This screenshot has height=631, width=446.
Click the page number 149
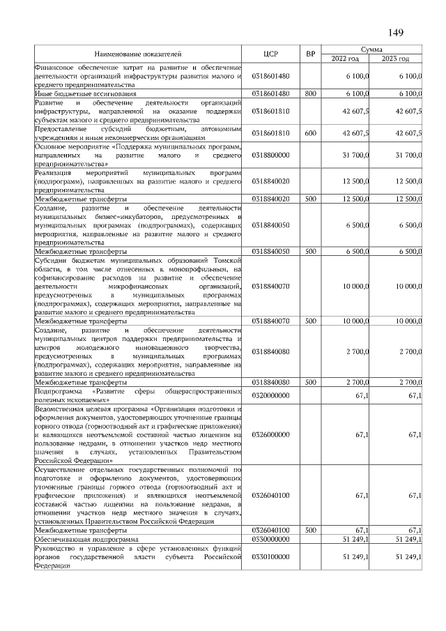tap(395, 31)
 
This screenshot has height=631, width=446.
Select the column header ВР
tap(310, 53)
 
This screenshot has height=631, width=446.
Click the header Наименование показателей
tap(137, 53)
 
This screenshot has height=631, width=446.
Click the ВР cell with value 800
tap(310, 93)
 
